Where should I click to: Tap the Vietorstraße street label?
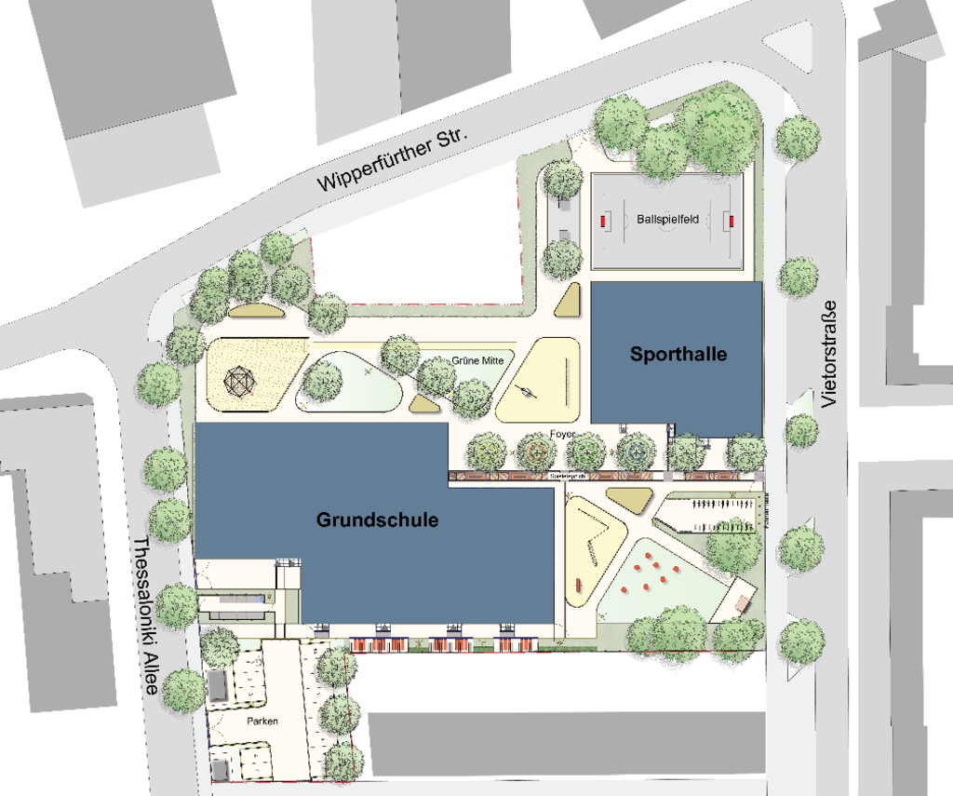pyautogui.click(x=830, y=354)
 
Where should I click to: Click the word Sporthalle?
pyautogui.click(x=678, y=355)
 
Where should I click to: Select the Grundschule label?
pyautogui.click(x=377, y=519)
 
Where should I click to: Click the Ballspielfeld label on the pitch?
pyautogui.click(x=668, y=220)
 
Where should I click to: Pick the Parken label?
pyautogui.click(x=262, y=722)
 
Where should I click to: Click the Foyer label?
pyautogui.click(x=562, y=434)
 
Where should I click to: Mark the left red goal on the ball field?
pyautogui.click(x=603, y=221)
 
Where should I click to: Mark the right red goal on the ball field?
pyautogui.click(x=731, y=221)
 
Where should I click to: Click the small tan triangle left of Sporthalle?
pyautogui.click(x=568, y=300)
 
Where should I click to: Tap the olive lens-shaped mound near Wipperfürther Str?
pyautogui.click(x=250, y=311)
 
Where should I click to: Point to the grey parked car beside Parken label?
pyautogui.click(x=217, y=686)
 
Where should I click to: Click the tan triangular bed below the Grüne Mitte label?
pyautogui.click(x=425, y=404)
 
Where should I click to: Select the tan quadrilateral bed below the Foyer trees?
pyautogui.click(x=630, y=500)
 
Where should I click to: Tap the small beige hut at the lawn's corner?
pyautogui.click(x=742, y=597)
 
